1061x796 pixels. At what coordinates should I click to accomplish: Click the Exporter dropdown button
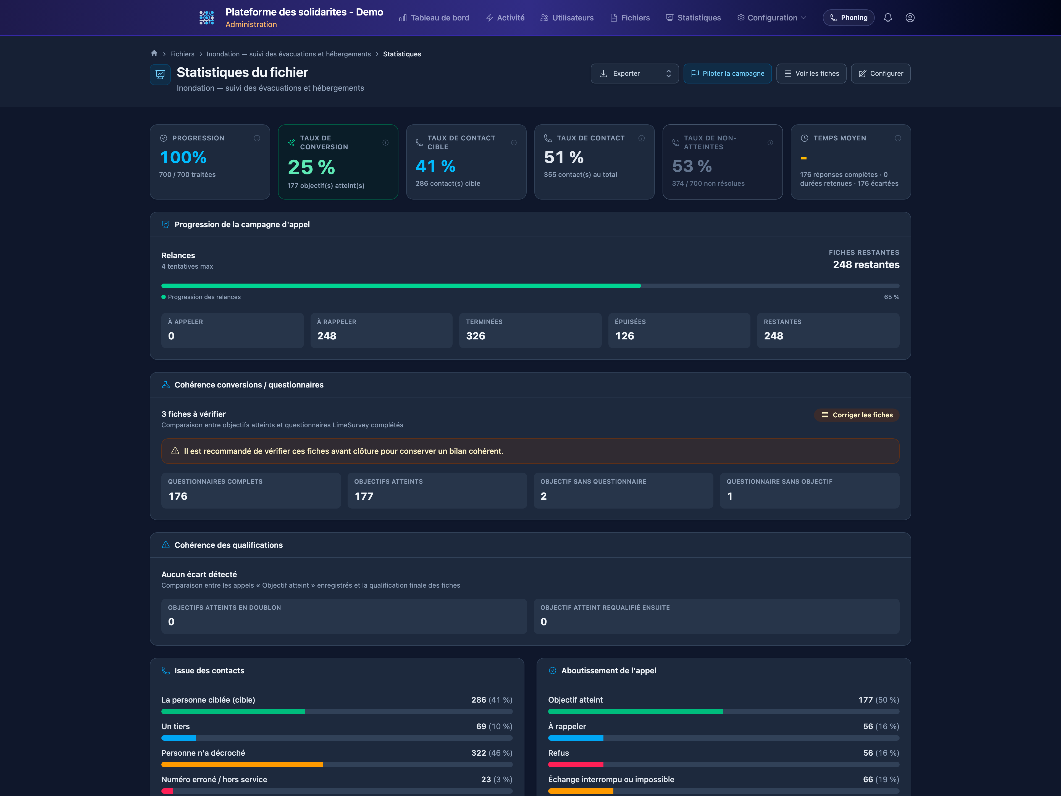tap(634, 74)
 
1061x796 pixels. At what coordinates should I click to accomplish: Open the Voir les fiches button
tap(811, 74)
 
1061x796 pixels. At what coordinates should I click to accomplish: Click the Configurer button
tap(880, 74)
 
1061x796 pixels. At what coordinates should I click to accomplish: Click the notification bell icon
tap(888, 18)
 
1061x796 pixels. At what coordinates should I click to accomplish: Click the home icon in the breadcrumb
tap(154, 53)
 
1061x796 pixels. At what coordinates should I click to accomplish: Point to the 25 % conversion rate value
tap(311, 167)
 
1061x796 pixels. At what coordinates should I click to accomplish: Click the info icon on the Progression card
tap(257, 138)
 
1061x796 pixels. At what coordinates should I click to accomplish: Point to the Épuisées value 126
tap(624, 336)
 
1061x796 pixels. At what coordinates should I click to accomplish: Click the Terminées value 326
tap(475, 336)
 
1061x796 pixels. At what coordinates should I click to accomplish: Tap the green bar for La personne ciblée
tap(233, 711)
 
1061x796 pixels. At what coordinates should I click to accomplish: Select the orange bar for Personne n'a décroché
tap(242, 764)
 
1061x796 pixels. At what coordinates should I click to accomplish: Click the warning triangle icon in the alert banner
tap(175, 451)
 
